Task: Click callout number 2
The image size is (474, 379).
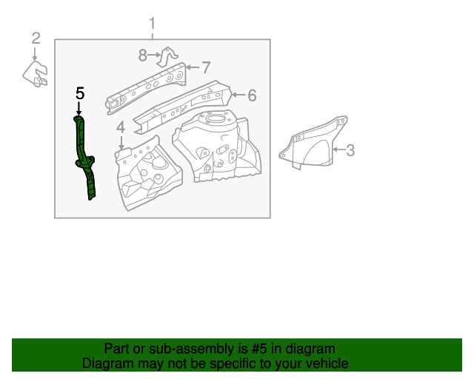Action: [x=36, y=38]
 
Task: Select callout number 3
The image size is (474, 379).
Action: [x=350, y=150]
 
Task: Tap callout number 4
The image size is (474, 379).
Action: [x=121, y=127]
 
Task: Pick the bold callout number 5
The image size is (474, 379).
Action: [x=80, y=93]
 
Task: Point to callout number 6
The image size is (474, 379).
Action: [x=252, y=95]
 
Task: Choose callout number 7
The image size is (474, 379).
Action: [x=207, y=67]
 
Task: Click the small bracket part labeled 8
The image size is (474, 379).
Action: [x=169, y=57]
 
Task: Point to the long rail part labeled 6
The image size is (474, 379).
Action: [x=185, y=104]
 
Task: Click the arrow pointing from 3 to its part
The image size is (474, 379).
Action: [x=338, y=150]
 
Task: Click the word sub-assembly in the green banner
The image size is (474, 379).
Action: [x=177, y=349]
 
